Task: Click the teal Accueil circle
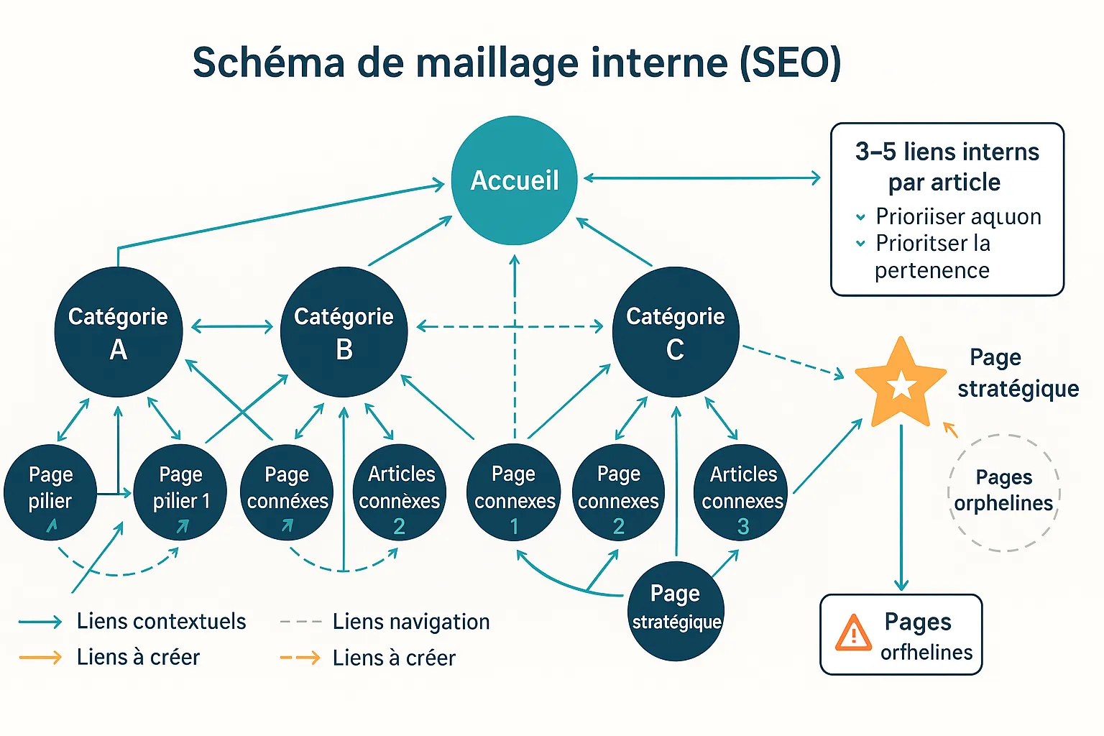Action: coord(514,180)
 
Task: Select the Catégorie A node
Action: coord(119,331)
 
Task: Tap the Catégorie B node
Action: coord(344,331)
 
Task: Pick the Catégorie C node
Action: coord(675,331)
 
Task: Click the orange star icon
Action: coord(901,384)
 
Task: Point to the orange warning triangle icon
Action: coord(853,633)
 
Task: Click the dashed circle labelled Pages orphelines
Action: coord(1003,492)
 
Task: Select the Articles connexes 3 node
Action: coord(742,493)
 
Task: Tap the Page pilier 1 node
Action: coord(180,493)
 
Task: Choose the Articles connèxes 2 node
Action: coord(400,493)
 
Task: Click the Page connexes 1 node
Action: coord(514,493)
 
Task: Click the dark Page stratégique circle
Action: coord(676,610)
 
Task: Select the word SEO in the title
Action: coord(789,63)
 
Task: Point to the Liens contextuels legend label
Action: coord(161,621)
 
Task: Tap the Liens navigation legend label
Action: coord(410,622)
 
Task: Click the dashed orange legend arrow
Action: coord(300,658)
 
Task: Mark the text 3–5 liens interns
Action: coord(947,152)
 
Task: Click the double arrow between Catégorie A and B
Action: coord(232,327)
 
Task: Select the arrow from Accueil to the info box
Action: coord(701,178)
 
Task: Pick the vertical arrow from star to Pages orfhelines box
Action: coord(901,507)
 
